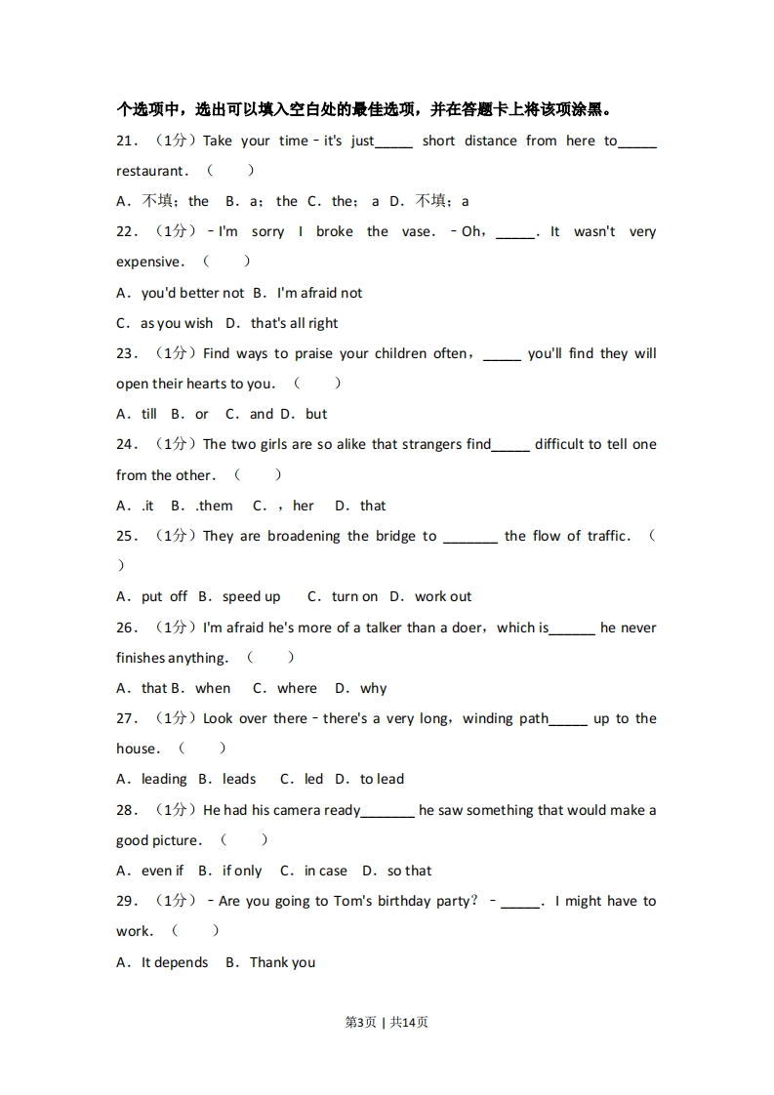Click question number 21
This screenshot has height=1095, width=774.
click(126, 141)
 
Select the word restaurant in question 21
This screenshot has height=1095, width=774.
click(150, 171)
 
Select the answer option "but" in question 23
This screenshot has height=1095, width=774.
click(316, 414)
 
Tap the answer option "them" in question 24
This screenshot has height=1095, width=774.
click(215, 506)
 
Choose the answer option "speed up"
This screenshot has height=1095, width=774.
click(251, 596)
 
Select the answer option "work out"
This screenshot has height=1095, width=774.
click(443, 596)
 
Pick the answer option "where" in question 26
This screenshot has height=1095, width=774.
click(297, 688)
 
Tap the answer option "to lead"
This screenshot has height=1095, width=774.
click(382, 779)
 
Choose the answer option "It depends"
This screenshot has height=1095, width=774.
click(175, 962)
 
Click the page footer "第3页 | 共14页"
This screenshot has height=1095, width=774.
click(387, 1022)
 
